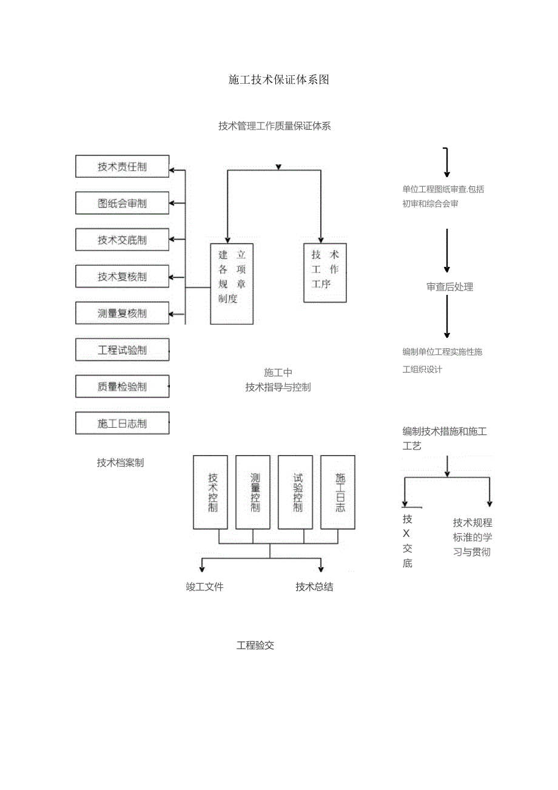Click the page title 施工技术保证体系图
click(x=278, y=79)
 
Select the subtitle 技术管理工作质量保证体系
click(x=274, y=126)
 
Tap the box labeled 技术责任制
click(x=122, y=166)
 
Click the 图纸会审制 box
click(x=122, y=203)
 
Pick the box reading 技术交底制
click(x=122, y=240)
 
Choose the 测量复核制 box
click(x=122, y=313)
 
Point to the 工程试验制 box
click(x=122, y=350)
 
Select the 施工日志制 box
click(x=122, y=424)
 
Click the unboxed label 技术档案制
click(x=120, y=462)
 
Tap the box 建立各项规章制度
click(x=232, y=283)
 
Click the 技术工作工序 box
click(x=324, y=272)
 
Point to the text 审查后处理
click(x=449, y=287)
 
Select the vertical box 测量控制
click(x=253, y=492)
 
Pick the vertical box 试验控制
click(x=295, y=492)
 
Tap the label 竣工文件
click(x=204, y=587)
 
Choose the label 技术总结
click(x=314, y=587)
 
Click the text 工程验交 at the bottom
click(x=255, y=646)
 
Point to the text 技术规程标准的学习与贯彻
click(x=472, y=537)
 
